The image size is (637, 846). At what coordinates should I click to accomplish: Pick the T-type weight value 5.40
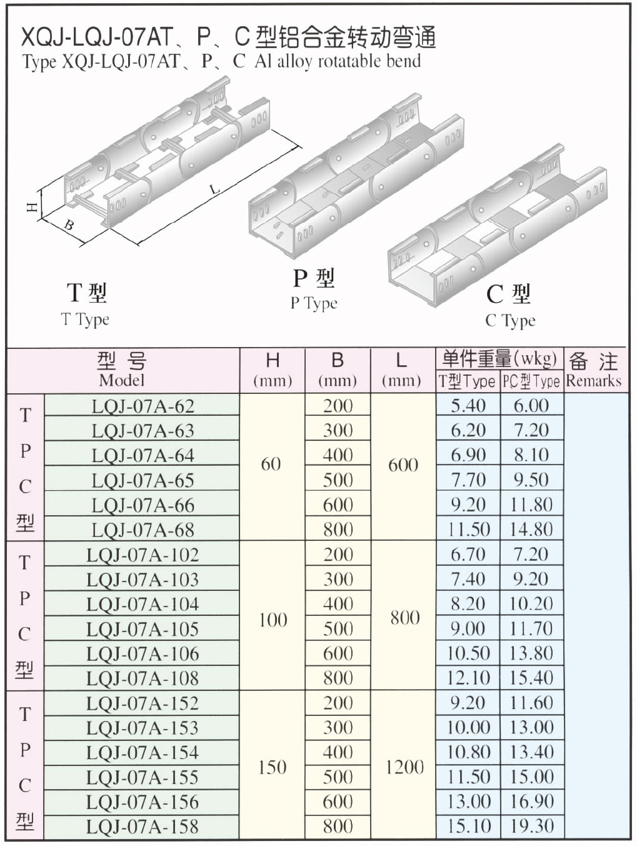pos(468,406)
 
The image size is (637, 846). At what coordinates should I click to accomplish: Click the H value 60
pos(271,465)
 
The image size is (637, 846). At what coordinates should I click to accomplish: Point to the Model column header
pos(122,380)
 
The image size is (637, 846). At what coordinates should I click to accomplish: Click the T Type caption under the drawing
pos(85,320)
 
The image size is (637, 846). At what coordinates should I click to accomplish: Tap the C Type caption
pos(510,321)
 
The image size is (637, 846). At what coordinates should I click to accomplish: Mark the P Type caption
pos(314,303)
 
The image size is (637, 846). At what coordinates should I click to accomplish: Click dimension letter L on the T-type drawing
pos(214,189)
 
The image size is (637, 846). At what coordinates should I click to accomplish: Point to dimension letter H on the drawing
pos(33,208)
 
